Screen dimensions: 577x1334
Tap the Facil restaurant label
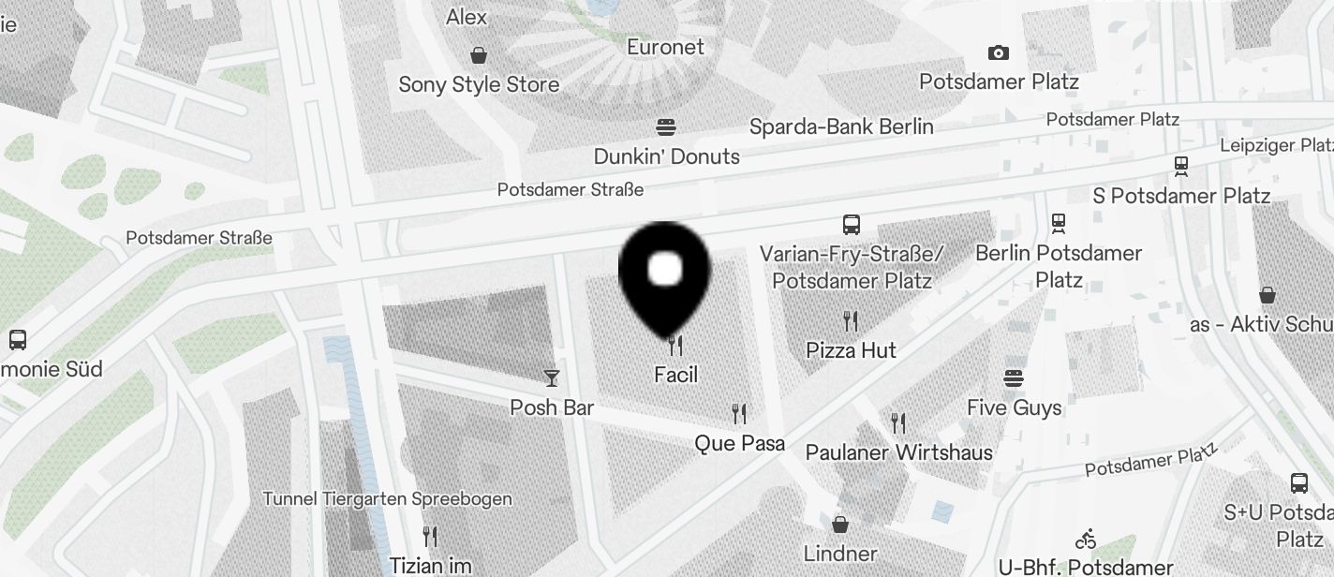[x=676, y=375]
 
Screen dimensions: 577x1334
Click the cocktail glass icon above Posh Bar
[x=552, y=377]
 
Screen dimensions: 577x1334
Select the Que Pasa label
[x=739, y=443]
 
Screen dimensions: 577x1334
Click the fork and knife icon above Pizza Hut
[x=851, y=321]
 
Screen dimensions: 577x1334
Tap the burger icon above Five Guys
[x=1014, y=378]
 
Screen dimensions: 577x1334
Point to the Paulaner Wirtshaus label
[x=898, y=452]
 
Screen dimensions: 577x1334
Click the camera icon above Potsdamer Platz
[x=999, y=52]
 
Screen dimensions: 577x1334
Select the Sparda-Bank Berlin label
[x=841, y=126]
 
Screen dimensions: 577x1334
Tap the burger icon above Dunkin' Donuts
[x=666, y=126]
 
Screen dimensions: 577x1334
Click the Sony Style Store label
[x=479, y=84]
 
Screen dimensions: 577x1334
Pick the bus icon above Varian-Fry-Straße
[x=851, y=225]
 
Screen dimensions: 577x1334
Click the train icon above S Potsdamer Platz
[x=1181, y=167]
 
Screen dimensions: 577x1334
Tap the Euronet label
[x=665, y=47]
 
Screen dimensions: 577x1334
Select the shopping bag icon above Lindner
[x=840, y=524]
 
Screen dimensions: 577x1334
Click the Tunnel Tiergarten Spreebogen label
[x=387, y=498]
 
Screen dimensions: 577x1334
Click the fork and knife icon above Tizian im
[x=430, y=537]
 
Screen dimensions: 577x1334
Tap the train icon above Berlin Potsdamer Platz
[x=1059, y=223]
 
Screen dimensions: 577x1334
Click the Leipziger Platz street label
[x=1276, y=145]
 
